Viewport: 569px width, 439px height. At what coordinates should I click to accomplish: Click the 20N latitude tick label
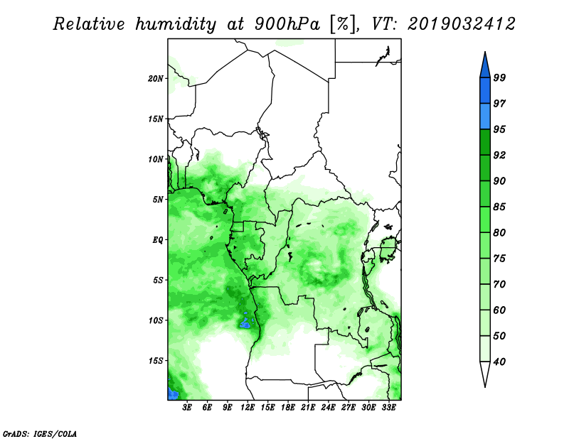coord(156,78)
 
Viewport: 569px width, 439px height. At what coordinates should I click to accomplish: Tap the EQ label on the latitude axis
coord(157,239)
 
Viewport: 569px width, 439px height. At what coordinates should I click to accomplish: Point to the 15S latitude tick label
coord(156,360)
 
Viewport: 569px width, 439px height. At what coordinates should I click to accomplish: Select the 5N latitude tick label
coord(158,200)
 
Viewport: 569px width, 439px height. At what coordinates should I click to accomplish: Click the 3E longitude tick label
coord(187,407)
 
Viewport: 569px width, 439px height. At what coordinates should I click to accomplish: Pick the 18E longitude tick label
coord(288,407)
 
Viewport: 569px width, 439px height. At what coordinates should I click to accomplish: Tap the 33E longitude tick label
coord(388,407)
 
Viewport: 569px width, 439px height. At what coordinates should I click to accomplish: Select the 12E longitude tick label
coord(248,407)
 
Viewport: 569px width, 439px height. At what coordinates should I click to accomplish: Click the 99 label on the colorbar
coord(499,77)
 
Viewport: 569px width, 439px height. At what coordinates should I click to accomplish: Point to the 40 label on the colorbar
coord(499,362)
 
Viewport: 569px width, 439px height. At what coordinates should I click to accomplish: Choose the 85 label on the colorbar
coord(499,207)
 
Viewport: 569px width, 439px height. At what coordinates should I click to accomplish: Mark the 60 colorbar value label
coord(499,310)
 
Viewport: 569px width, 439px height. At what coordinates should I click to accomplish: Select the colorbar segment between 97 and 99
coord(485,91)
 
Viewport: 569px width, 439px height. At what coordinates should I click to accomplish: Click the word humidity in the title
coord(176,24)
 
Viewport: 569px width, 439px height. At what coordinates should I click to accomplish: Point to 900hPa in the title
coord(287,24)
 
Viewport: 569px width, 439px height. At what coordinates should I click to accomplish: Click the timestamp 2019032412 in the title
coord(461,24)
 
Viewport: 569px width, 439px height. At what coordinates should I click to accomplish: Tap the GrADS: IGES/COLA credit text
coord(40,433)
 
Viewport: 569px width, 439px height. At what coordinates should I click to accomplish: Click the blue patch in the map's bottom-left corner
coord(173,393)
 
